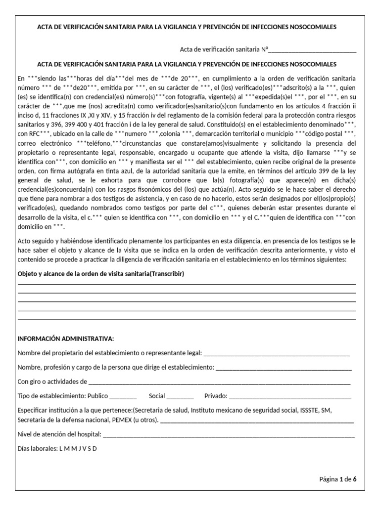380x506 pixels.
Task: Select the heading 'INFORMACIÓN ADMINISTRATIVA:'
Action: (x=66, y=339)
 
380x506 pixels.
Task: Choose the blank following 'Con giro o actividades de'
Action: (x=219, y=382)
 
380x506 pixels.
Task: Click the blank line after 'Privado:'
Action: (x=290, y=396)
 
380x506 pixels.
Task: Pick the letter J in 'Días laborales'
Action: (x=79, y=449)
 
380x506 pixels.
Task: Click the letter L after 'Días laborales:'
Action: (x=61, y=449)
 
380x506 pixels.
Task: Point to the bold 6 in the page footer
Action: (x=355, y=479)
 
